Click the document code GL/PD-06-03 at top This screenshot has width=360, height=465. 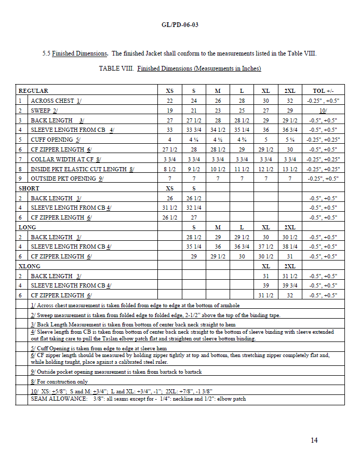[x=180, y=24]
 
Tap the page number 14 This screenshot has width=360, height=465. [x=314, y=441]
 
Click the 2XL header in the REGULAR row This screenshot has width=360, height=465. [x=290, y=91]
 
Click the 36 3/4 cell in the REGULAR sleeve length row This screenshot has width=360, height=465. [x=290, y=130]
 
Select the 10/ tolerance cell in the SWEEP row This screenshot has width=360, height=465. [x=323, y=111]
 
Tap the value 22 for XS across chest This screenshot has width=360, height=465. [x=170, y=101]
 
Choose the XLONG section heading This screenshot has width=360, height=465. [x=29, y=266]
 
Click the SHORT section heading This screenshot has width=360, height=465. [x=29, y=188]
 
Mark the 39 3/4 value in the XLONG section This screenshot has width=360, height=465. [x=290, y=285]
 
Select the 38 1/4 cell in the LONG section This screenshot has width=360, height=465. [x=290, y=247]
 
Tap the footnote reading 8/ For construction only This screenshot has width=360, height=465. [x=59, y=381]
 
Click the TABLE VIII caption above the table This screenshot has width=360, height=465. [x=180, y=69]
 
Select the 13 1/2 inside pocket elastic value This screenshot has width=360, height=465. [x=290, y=169]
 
